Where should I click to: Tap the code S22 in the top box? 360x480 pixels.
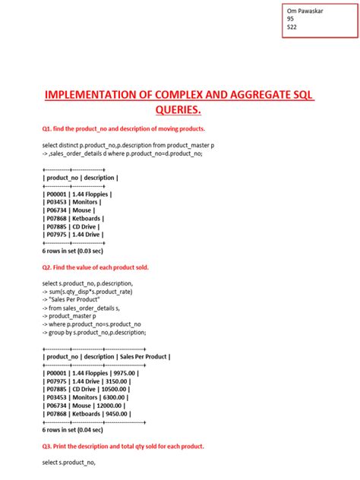point(292,27)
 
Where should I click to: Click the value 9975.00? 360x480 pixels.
point(124,374)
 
